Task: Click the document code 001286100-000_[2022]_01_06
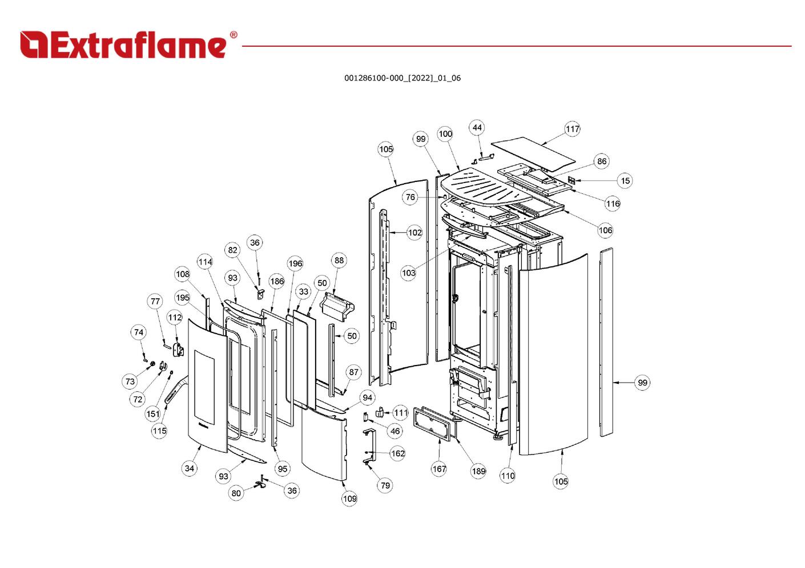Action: (402, 78)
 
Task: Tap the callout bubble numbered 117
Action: (573, 129)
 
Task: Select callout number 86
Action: (602, 161)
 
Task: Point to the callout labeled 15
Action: (625, 181)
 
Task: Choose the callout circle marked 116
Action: (613, 204)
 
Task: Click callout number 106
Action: (605, 230)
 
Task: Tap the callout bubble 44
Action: (477, 128)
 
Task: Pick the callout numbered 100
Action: (445, 134)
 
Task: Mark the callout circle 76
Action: (410, 197)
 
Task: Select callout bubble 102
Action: (414, 233)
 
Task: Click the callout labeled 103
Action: (409, 273)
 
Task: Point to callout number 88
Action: (339, 261)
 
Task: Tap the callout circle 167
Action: (439, 469)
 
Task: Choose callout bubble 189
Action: (478, 471)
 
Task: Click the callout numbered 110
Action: (508, 476)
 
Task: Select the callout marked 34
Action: (190, 469)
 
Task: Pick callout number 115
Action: (159, 431)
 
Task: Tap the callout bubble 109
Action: (349, 498)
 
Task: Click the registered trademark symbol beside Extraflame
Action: (233, 35)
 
